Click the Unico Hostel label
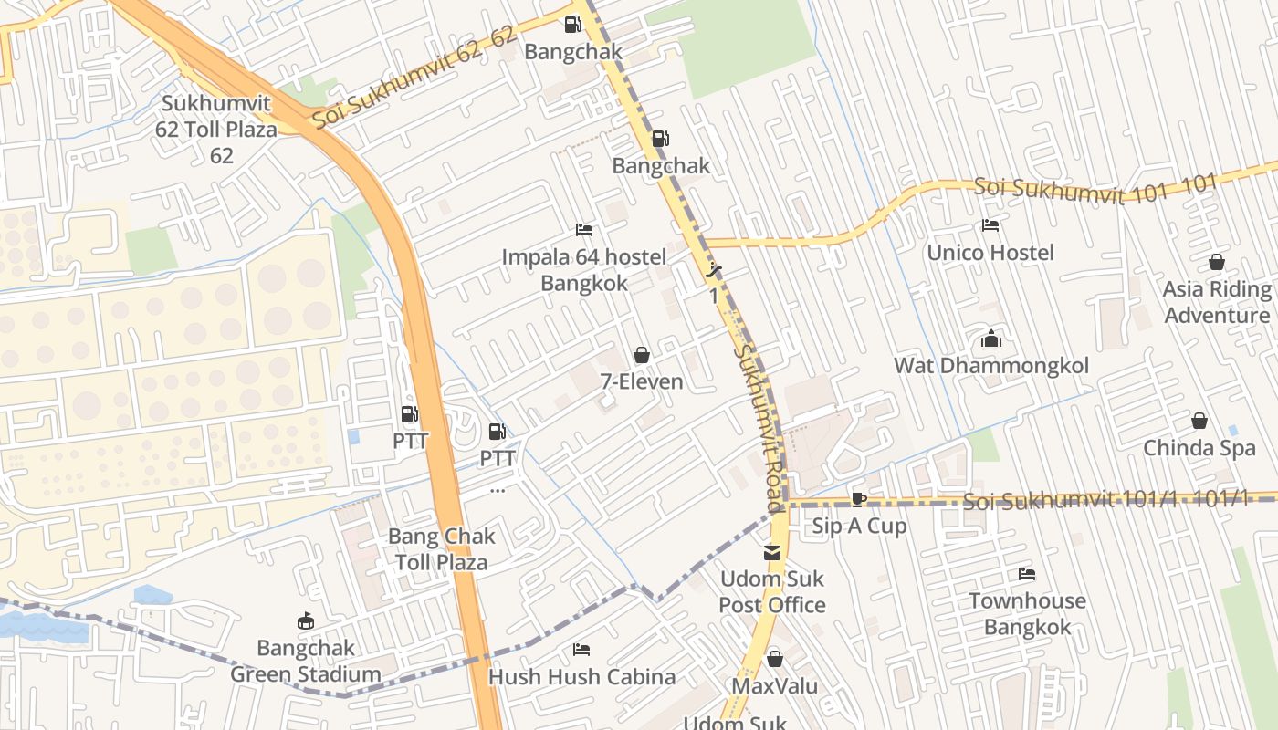click(x=990, y=253)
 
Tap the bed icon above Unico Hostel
click(x=990, y=225)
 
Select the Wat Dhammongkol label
click(x=991, y=366)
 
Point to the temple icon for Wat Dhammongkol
click(x=991, y=339)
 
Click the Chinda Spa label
click(x=1199, y=448)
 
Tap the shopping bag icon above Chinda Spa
click(x=1199, y=421)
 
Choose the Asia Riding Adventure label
click(x=1217, y=302)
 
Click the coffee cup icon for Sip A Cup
click(x=859, y=499)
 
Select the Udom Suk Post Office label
click(x=772, y=591)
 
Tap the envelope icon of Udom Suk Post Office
click(x=772, y=552)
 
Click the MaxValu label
click(x=775, y=685)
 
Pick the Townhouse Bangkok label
click(x=1027, y=614)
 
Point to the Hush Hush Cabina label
click(x=581, y=677)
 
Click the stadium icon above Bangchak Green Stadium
click(x=306, y=621)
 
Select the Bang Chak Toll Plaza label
click(x=442, y=548)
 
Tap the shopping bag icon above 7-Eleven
click(x=642, y=354)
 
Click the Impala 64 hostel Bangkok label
click(x=584, y=270)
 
